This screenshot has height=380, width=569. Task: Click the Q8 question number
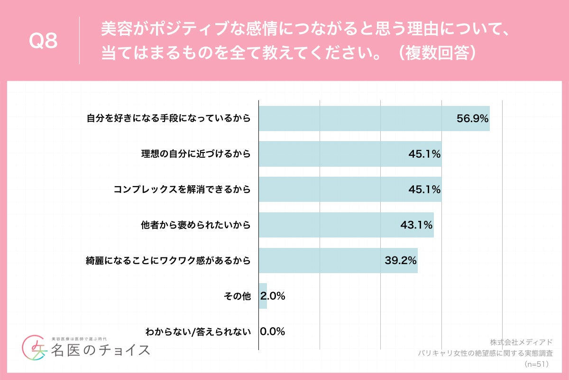pyautogui.click(x=43, y=41)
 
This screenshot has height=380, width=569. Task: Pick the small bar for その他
pyautogui.click(x=263, y=296)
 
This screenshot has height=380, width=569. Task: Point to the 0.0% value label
pyautogui.click(x=273, y=332)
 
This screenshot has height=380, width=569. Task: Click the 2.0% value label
pyautogui.click(x=273, y=296)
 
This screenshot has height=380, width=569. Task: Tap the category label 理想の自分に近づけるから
pyautogui.click(x=195, y=154)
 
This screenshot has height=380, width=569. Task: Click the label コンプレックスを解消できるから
pyautogui.click(x=182, y=190)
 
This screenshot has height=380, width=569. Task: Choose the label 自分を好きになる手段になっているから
pyautogui.click(x=168, y=119)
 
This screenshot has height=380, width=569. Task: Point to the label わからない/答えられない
pyautogui.click(x=198, y=332)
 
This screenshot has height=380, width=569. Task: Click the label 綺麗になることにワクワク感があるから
pyautogui.click(x=168, y=260)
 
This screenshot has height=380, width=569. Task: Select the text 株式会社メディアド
pyautogui.click(x=521, y=342)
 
